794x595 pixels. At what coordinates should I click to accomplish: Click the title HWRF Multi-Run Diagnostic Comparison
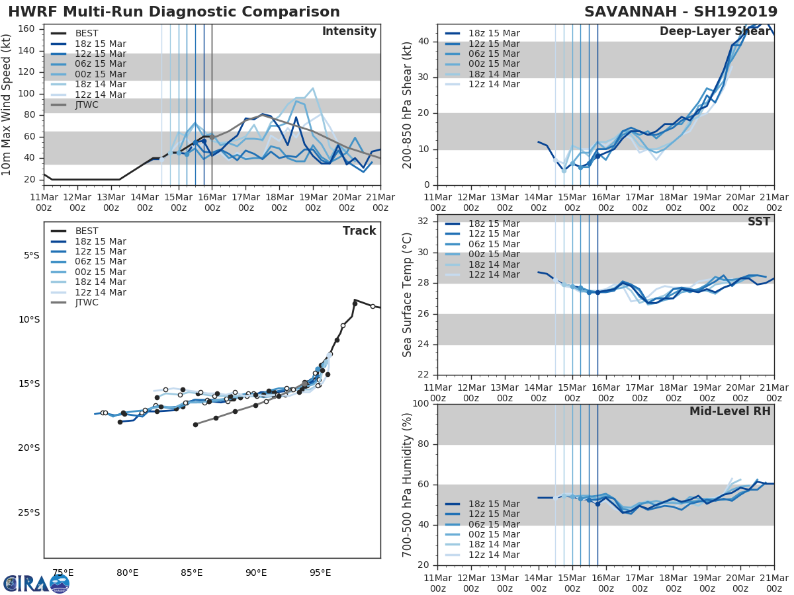pos(174,12)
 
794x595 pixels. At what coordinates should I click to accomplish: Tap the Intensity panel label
pos(349,32)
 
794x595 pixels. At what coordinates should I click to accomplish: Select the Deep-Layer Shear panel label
pos(715,32)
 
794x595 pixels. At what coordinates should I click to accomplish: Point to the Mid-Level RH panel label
pos(730,411)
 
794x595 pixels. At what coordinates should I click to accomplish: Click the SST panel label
pos(759,221)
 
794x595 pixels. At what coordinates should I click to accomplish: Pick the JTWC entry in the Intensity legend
pos(87,105)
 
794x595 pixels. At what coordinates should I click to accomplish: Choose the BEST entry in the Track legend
pos(87,231)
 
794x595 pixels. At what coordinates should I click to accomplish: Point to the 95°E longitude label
pos(320,573)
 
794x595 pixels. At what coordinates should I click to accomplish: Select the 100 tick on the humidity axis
pos(421,404)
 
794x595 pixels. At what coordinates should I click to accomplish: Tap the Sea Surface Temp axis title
pos(408,295)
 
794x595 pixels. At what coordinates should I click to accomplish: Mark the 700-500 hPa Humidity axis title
pos(408,485)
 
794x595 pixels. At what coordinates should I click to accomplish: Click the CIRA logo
pos(36,583)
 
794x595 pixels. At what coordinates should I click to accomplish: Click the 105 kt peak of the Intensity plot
pos(312,88)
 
